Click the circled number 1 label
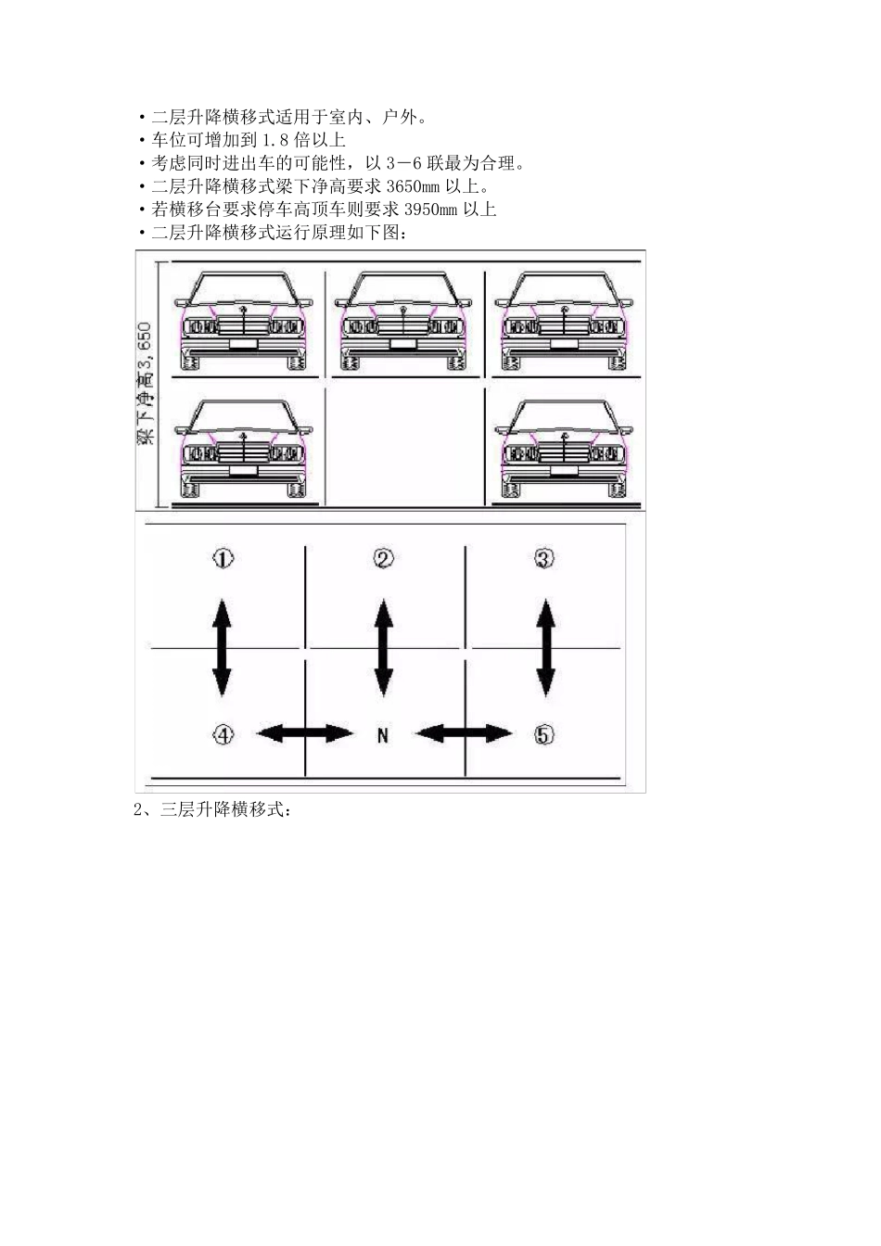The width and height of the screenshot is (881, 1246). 223,558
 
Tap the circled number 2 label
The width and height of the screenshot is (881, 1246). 383,558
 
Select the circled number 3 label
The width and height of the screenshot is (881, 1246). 544,558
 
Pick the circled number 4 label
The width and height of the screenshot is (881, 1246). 223,734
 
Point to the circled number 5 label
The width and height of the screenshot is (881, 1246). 544,734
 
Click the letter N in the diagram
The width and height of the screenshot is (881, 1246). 382,735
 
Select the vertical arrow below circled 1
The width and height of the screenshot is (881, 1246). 222,647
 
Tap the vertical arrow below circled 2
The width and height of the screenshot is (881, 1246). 382,647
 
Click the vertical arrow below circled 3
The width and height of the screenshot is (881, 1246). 544,647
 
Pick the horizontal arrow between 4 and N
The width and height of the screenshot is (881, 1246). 304,733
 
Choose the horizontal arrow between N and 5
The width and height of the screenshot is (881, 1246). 464,733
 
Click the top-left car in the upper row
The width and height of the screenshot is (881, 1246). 244,321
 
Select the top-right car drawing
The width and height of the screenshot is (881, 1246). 564,321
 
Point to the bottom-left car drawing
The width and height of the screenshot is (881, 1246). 244,451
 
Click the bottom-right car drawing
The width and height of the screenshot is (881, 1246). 564,451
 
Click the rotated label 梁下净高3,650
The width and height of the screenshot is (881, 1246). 145,384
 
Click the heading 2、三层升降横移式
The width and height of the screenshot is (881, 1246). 213,810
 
